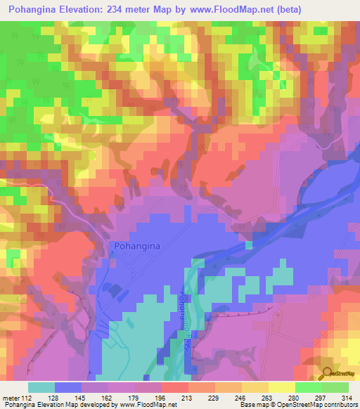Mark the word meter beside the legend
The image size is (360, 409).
pos(10,397)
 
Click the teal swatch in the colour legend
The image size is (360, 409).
pos(41,387)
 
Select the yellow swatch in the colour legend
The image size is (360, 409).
pos(282,387)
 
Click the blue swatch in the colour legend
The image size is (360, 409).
pos(68,387)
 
